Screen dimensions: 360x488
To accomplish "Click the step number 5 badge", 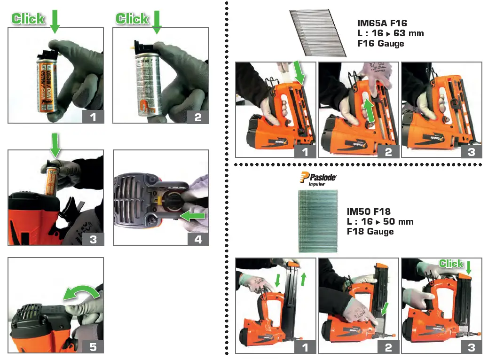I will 93,347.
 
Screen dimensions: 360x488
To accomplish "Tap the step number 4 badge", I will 197,239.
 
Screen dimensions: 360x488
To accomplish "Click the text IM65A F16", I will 382,23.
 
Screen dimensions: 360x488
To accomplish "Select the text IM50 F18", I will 369,211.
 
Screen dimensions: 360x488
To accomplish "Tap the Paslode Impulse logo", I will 317,179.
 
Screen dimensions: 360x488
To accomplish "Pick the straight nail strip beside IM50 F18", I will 317,221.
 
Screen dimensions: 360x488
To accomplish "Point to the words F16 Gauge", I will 381,44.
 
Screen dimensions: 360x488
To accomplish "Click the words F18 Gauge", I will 370,231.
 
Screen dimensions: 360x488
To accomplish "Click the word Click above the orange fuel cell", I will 28,19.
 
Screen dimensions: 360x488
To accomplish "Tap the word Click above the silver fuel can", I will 133,19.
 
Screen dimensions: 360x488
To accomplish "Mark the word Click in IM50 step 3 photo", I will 451,264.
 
